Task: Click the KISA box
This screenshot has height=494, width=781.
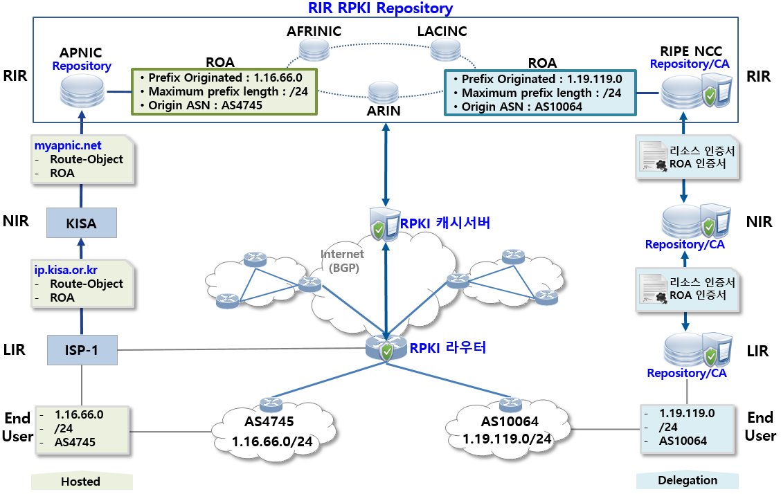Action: click(80, 223)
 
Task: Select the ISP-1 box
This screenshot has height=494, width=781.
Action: click(82, 350)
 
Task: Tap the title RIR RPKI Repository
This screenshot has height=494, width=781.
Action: click(380, 8)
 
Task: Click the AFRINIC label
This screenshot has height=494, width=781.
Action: click(314, 32)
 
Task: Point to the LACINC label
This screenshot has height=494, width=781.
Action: click(442, 32)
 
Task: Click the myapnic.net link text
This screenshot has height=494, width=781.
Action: click(68, 145)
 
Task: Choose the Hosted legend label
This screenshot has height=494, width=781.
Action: click(80, 482)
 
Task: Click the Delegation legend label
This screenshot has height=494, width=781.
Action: click(688, 480)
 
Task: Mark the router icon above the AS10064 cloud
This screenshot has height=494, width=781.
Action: click(510, 404)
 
